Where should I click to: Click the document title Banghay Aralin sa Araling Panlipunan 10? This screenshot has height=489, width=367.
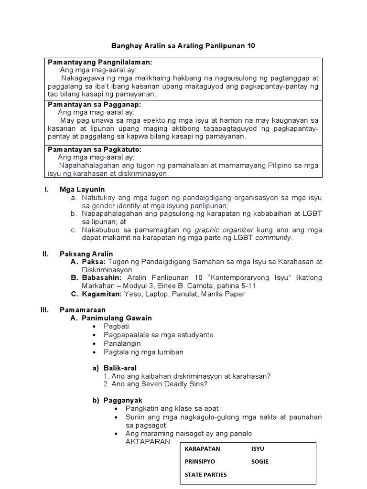[x=183, y=46]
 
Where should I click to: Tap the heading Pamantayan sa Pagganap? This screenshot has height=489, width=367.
[x=95, y=105]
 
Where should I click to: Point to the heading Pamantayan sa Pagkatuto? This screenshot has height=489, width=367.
[x=95, y=149]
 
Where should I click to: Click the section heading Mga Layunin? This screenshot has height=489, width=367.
[x=82, y=190]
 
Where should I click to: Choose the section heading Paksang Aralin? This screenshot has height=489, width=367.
[x=86, y=254]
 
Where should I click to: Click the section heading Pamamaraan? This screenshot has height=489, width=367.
[x=83, y=310]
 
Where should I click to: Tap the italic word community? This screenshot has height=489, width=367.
[x=273, y=237]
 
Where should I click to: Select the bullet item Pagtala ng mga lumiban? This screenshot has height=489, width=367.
[x=143, y=352]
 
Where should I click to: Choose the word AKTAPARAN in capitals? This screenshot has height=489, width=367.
[x=148, y=442]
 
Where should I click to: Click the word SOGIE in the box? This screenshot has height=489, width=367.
[x=259, y=462]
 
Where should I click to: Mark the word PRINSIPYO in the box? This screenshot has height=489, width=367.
[x=200, y=462]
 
